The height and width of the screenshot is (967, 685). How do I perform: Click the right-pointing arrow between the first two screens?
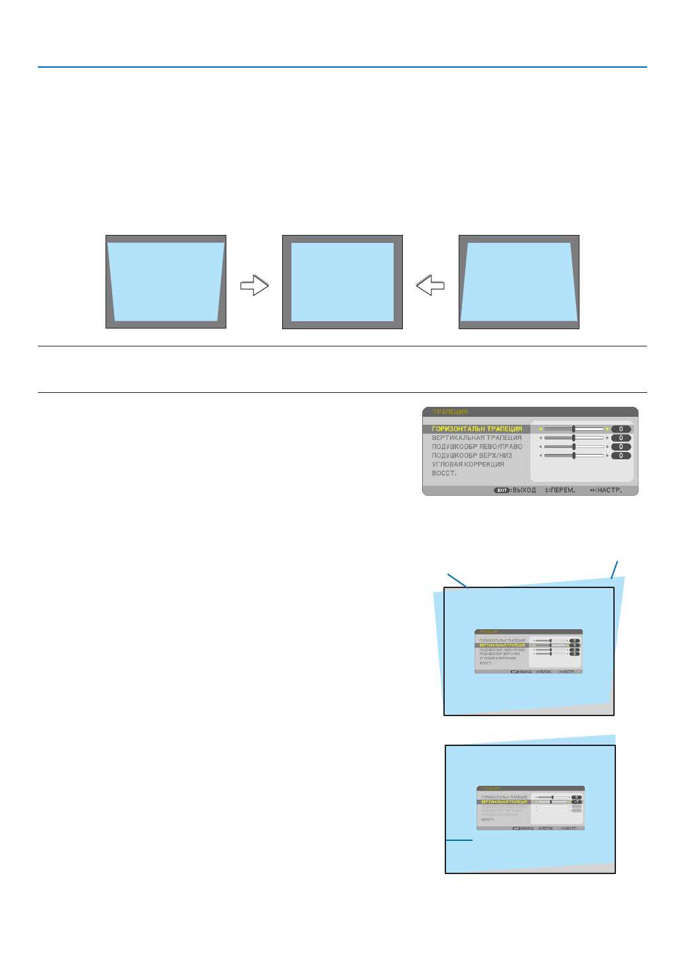254,285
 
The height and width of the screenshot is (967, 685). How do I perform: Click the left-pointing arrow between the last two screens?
430,285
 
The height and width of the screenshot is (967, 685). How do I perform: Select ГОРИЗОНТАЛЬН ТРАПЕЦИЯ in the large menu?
477,429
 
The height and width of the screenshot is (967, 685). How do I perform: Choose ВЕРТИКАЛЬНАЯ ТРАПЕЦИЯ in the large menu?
477,438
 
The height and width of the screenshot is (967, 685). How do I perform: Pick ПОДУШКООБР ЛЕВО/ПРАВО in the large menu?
477,447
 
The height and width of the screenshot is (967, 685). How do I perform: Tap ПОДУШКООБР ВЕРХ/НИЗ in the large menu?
472,456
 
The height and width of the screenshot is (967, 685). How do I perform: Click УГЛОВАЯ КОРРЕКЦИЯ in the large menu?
468,465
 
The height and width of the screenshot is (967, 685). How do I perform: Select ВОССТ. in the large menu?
444,473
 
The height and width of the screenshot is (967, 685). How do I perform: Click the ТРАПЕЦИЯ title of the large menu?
450,412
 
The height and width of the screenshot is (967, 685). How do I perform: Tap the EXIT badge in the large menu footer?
501,490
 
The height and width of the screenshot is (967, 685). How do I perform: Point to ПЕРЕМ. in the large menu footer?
562,490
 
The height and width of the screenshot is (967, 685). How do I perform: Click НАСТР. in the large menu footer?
609,490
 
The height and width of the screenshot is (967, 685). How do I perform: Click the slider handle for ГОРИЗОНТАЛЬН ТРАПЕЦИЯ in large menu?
573,429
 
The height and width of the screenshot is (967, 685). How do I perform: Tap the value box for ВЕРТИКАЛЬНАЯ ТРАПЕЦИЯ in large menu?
621,438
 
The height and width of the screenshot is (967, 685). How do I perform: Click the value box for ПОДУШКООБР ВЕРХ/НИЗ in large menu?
621,456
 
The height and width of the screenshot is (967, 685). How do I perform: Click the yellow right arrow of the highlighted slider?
607,429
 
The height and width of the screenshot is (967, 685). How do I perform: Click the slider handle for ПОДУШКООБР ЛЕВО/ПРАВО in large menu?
573,447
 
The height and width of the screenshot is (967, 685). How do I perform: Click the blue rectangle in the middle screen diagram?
342,282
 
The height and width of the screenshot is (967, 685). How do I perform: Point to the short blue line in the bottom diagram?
459,840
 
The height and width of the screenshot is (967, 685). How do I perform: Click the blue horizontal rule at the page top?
342,67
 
